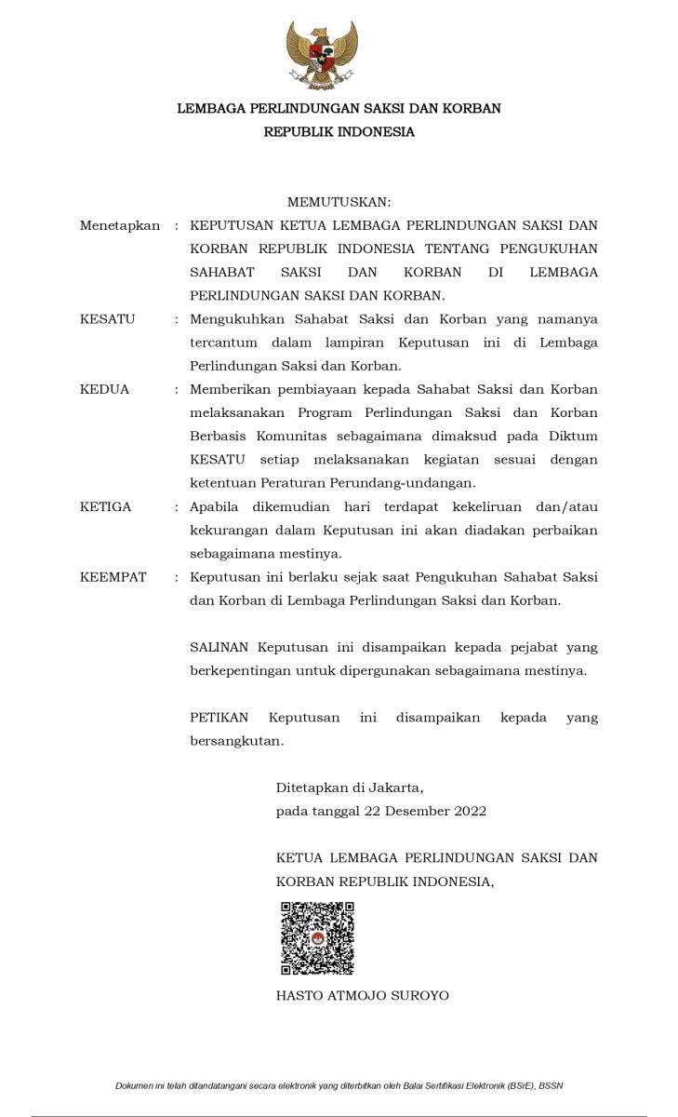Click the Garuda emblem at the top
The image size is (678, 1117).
click(x=322, y=55)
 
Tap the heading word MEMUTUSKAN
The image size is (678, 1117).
click(x=339, y=202)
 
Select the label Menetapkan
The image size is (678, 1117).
click(x=120, y=226)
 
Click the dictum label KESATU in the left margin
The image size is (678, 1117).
click(x=108, y=319)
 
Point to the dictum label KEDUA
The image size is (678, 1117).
click(x=105, y=390)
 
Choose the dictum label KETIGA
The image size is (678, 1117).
click(x=106, y=507)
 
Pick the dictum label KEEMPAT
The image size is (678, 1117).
click(x=113, y=577)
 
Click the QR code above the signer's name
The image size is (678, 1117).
click(x=317, y=938)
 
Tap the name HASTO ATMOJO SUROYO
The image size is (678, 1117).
click(x=363, y=996)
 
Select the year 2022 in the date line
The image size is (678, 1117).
click(x=470, y=811)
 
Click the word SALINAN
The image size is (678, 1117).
click(x=219, y=647)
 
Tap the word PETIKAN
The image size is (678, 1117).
click(x=219, y=718)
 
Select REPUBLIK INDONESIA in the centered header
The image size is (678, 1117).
click(x=339, y=132)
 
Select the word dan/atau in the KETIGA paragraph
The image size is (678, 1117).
click(x=561, y=507)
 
